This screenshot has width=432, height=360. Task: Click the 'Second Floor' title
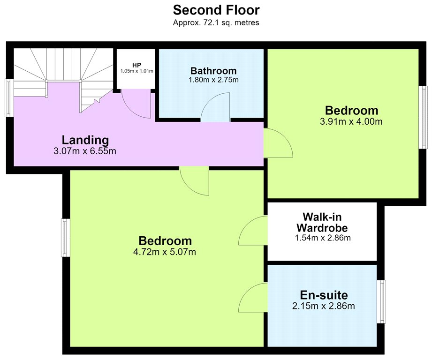click(216, 10)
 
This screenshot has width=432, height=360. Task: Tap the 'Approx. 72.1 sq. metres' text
click(216, 22)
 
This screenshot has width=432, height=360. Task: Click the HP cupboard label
click(136, 65)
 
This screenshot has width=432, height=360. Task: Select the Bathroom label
click(213, 71)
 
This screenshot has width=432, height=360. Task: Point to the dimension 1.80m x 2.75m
click(213, 80)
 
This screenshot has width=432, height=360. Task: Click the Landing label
click(85, 140)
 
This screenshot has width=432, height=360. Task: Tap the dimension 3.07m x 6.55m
click(85, 151)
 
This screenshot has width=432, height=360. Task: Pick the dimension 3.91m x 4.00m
click(351, 121)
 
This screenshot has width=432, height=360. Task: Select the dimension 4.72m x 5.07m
click(165, 252)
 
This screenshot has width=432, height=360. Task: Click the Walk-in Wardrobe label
click(322, 222)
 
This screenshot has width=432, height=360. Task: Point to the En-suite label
click(324, 295)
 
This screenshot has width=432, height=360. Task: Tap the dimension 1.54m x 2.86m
click(323, 238)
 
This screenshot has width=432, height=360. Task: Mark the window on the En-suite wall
click(381, 302)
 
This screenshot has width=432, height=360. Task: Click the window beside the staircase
click(9, 97)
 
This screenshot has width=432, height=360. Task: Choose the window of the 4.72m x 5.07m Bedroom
click(65, 238)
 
